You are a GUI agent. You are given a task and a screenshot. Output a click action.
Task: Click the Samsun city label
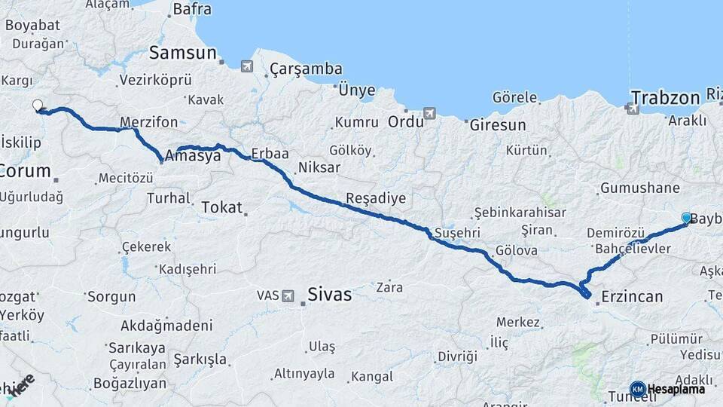(x=182, y=53)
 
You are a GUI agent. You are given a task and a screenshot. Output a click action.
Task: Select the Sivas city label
(x=330, y=295)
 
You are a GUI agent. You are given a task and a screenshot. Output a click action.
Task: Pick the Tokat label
(x=221, y=207)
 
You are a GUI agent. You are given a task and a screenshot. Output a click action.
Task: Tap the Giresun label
(x=498, y=125)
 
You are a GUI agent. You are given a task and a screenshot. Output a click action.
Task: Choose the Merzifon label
(x=149, y=122)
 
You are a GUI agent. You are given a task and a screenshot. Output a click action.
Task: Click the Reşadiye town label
(x=375, y=198)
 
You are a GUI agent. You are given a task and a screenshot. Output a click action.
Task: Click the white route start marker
(x=38, y=106)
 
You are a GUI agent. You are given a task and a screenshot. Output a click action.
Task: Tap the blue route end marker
(x=687, y=217)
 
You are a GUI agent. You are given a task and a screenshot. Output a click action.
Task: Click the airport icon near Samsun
(x=247, y=66)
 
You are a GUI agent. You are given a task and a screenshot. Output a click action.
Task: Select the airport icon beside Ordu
(x=429, y=114)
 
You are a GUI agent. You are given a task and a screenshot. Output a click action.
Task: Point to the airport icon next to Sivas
(x=288, y=296)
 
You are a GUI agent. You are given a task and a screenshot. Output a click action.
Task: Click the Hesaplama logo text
(x=676, y=389)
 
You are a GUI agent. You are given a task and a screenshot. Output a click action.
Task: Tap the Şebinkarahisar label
(x=520, y=213)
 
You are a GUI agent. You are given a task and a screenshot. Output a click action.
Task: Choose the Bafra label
(x=192, y=10)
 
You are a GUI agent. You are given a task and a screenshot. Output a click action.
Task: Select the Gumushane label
(x=639, y=188)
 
